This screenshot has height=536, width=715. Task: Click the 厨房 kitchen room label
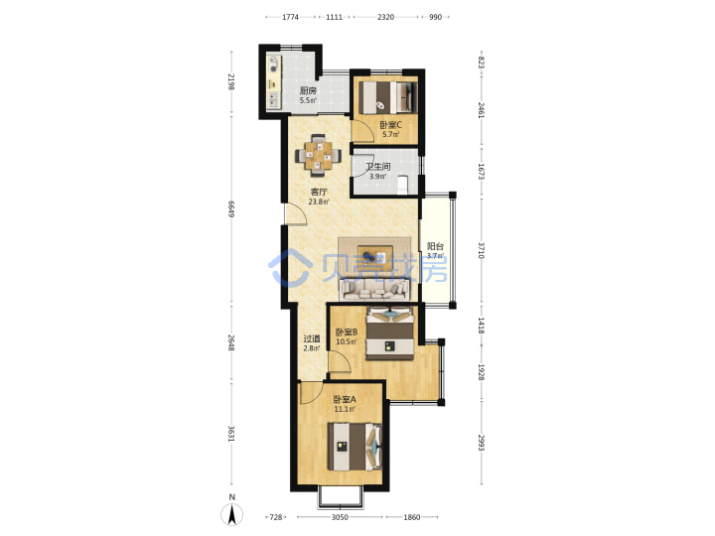308,90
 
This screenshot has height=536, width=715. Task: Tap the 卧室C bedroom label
391,124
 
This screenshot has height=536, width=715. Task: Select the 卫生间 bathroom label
378,167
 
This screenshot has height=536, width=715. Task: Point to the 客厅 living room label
319,192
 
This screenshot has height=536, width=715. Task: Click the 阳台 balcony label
435,246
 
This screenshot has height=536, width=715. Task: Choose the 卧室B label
347,332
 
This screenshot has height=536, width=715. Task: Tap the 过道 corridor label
312,338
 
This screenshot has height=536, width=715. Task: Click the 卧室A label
345,399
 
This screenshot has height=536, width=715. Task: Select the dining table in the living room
319,156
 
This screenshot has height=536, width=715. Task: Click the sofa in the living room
374,289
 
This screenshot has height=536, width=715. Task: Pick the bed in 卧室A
355,447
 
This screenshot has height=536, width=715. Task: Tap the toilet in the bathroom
402,185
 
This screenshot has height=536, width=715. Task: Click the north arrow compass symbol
231,511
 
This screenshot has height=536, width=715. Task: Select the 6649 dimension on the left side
231,208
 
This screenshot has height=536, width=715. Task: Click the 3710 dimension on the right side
481,250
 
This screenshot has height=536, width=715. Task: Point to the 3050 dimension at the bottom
340,517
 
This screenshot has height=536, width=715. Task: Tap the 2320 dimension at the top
385,17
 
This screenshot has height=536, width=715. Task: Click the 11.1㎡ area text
345,409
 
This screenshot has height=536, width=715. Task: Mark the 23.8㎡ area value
319,201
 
